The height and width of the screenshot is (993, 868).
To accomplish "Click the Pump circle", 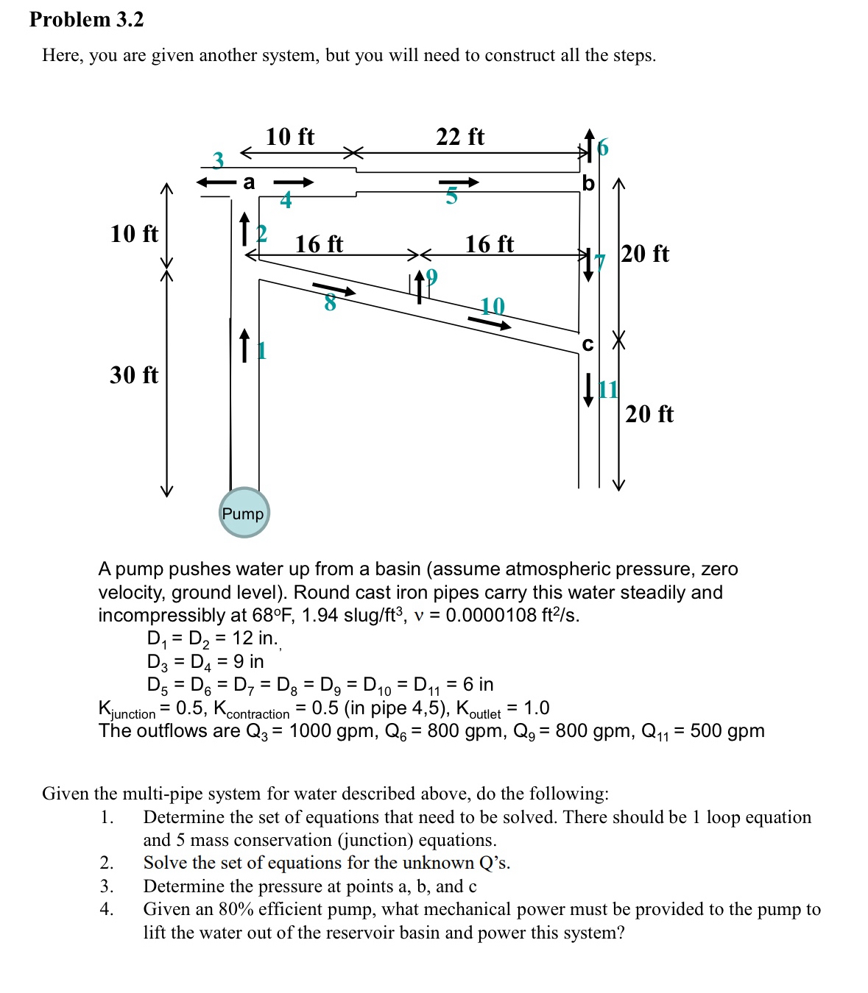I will (244, 513).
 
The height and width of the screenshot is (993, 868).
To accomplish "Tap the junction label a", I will (249, 182).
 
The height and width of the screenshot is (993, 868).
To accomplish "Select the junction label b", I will (588, 183).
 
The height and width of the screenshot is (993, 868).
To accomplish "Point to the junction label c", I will (588, 344).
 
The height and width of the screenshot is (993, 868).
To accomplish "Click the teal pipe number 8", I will (330, 302).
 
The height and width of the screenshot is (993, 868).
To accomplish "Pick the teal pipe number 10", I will (493, 306).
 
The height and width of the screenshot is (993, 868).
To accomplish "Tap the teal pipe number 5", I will (451, 196).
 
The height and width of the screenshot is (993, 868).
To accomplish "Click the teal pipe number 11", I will (608, 389).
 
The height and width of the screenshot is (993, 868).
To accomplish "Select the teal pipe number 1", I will (261, 350).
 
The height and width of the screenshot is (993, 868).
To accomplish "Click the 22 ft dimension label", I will (460, 137).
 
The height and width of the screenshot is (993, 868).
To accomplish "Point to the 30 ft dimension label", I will (134, 375).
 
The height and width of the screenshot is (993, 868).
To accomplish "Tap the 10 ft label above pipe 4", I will (289, 137).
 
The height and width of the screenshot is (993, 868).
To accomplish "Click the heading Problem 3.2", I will (87, 20).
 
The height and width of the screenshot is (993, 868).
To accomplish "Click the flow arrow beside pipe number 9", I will (419, 286).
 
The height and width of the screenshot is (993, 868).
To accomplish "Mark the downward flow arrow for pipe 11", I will (588, 390).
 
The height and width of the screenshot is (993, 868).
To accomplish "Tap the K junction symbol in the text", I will (126, 710).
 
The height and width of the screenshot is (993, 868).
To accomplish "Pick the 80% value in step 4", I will (236, 909).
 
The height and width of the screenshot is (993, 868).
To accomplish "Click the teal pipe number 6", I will (603, 148).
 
